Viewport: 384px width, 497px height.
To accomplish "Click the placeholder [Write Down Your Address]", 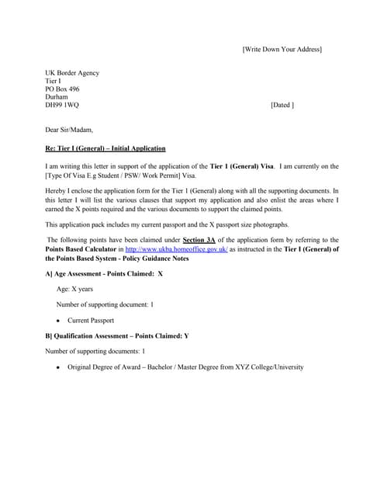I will (x=282, y=50).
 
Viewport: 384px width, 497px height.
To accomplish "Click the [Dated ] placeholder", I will (x=282, y=105).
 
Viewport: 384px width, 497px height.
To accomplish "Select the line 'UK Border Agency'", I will (x=72, y=73).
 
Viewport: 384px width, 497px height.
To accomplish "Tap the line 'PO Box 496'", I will (x=63, y=89).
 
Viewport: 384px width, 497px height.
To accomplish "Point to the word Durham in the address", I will (x=57, y=97).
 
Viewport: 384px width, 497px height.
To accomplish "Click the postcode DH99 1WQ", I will (x=62, y=105).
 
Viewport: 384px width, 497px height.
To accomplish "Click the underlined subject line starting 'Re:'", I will (x=106, y=148).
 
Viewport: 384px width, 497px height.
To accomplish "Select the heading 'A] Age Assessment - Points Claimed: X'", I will (x=104, y=274).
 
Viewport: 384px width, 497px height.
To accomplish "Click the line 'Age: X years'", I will (x=74, y=289).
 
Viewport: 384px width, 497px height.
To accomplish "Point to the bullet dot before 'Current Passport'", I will (x=58, y=321).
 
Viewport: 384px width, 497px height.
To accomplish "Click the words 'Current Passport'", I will (x=91, y=320).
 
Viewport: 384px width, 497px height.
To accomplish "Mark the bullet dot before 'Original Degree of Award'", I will (x=58, y=367).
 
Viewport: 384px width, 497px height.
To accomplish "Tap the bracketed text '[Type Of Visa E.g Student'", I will (x=86, y=176).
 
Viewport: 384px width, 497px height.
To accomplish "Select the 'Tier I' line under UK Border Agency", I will (x=54, y=81).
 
